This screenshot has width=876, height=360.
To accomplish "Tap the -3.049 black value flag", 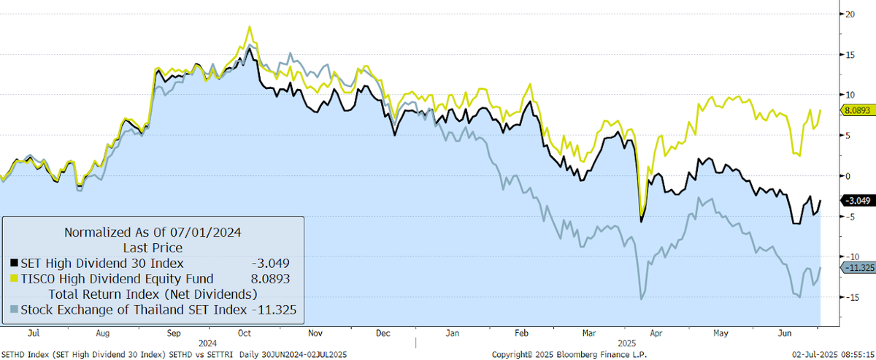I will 857,200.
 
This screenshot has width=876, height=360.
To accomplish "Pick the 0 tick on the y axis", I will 848,176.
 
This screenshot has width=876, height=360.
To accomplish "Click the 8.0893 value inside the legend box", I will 274,278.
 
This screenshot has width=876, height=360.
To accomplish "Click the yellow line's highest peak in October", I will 250,27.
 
